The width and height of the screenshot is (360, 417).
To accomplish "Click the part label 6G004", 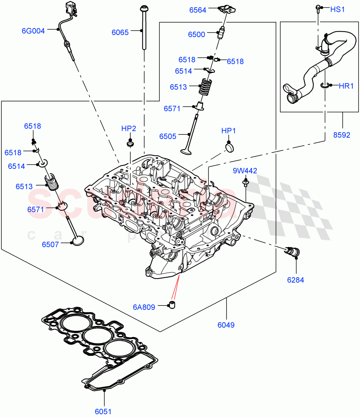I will [x=33, y=31].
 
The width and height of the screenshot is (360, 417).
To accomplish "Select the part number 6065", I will [x=120, y=32].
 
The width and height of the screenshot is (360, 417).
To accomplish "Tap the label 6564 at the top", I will [x=197, y=10].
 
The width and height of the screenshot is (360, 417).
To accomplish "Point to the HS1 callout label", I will [x=337, y=9].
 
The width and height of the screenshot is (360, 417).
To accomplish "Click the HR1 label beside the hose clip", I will [x=346, y=86].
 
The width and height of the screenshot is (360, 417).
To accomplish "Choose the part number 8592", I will [x=342, y=135].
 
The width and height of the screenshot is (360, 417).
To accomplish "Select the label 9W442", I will [x=245, y=171].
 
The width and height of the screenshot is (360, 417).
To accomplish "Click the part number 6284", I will [x=295, y=279].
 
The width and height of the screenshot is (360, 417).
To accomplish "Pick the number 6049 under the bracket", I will [x=226, y=325].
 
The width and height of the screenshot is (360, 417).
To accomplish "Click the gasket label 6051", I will [x=103, y=411].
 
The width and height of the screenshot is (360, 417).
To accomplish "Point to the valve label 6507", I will [x=51, y=244].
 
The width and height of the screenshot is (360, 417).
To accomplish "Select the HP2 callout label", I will [x=129, y=128].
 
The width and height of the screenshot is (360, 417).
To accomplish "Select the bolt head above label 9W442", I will [x=245, y=181].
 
